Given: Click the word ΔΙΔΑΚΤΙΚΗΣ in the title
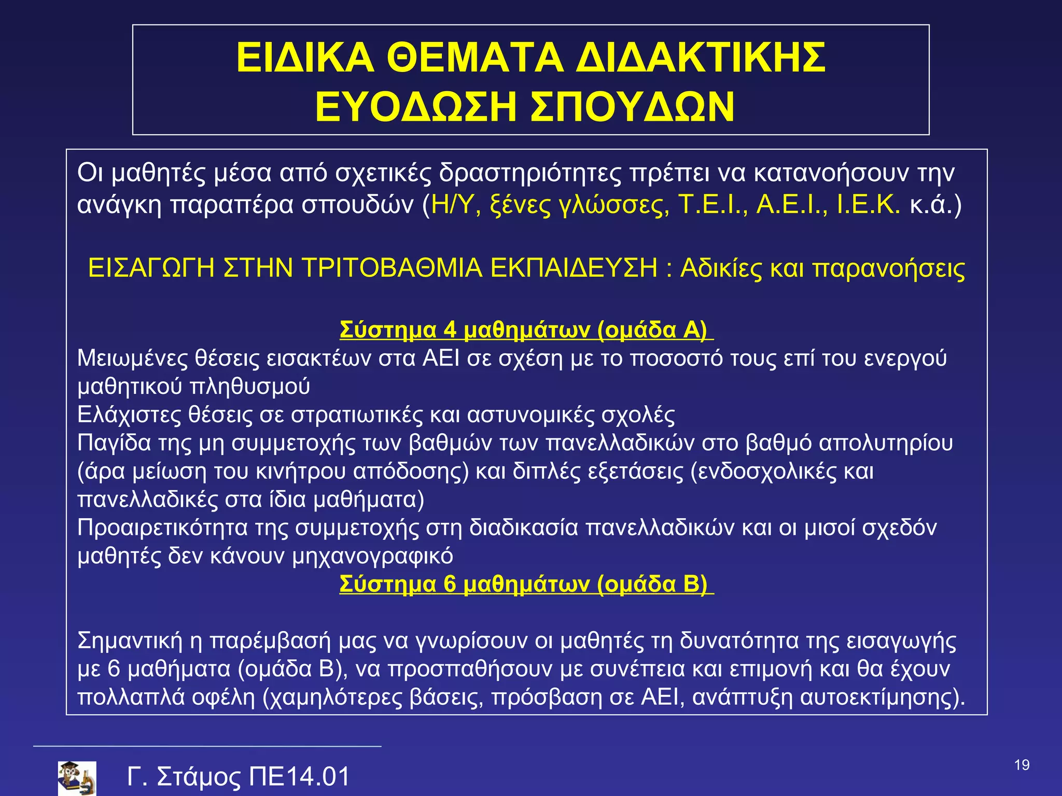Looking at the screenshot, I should coord(701,58).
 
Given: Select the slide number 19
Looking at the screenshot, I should coord(1022,765).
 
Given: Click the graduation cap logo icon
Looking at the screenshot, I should coord(77,777).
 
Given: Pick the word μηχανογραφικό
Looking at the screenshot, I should coord(372,557).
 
